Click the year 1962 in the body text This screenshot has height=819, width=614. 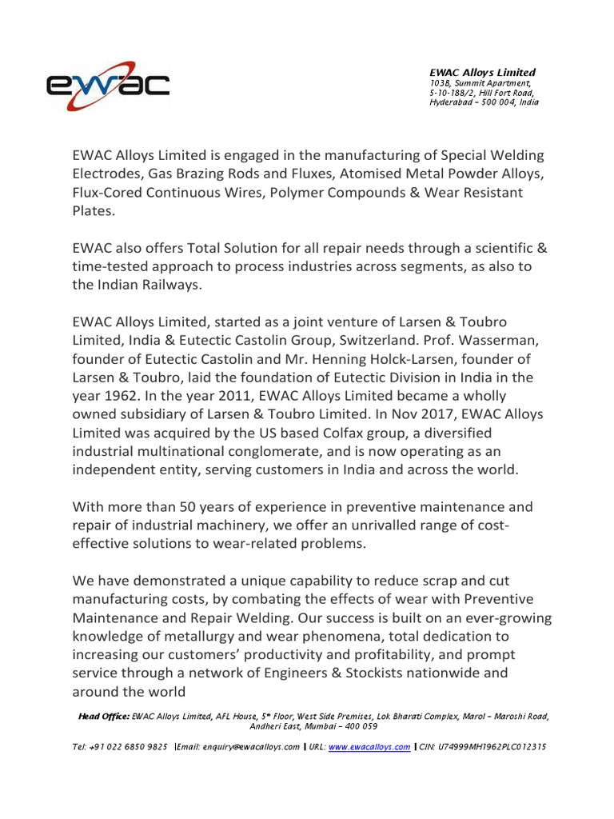point(118,395)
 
